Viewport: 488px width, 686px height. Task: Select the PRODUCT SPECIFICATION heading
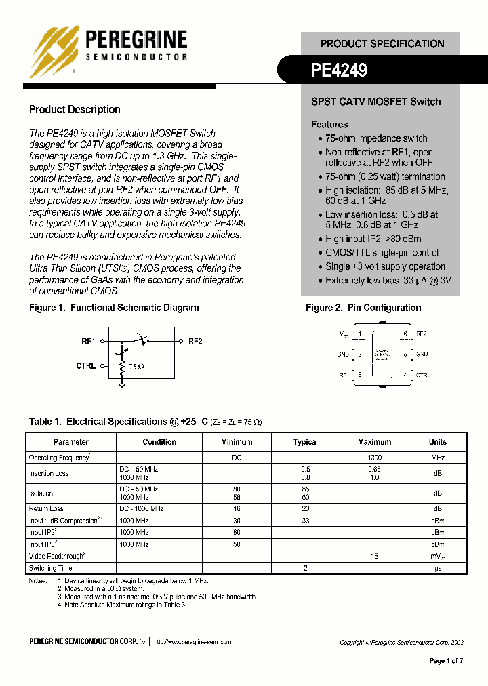[x=382, y=44]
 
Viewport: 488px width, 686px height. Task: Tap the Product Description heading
[x=75, y=110]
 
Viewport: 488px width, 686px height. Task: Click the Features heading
[x=329, y=125]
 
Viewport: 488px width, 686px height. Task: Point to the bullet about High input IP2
[x=373, y=239]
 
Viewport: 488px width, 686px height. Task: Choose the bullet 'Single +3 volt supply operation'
[x=385, y=266]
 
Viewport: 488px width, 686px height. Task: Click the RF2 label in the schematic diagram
[x=195, y=342]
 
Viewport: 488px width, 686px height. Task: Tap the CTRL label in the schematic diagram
[x=86, y=366]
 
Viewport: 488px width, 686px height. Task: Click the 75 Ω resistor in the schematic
[x=123, y=367]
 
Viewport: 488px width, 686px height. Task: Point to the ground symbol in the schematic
[x=122, y=384]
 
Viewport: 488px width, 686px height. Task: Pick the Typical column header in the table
[x=305, y=442]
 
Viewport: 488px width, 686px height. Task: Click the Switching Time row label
[x=50, y=568]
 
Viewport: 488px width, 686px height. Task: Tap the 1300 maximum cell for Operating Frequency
[x=374, y=458]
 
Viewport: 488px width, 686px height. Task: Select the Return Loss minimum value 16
[x=237, y=508]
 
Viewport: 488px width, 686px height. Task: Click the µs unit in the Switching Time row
[x=438, y=568]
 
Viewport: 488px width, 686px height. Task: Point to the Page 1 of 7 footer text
[x=447, y=661]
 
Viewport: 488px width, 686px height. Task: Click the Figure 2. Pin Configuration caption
[x=363, y=308]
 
